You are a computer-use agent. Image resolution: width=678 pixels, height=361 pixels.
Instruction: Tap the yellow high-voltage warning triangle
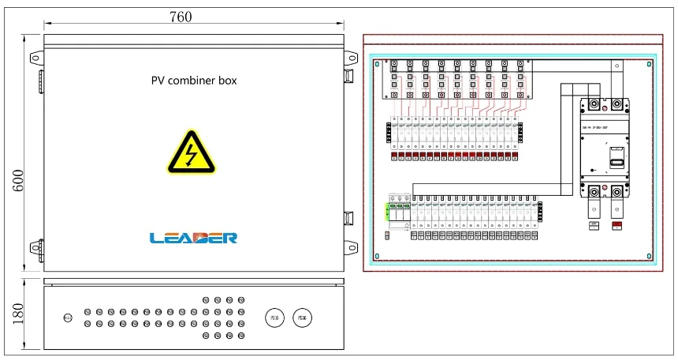(190, 152)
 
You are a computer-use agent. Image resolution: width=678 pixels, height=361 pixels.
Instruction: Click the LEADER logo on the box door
(194, 237)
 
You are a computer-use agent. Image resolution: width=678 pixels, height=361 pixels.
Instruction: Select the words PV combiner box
(194, 81)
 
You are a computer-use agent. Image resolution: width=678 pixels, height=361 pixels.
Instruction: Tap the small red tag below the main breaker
(617, 227)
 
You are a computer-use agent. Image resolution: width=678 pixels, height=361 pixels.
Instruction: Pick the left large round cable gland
(274, 318)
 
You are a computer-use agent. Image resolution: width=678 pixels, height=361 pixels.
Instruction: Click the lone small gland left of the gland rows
(68, 318)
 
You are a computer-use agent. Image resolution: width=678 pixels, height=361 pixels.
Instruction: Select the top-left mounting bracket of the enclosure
(35, 58)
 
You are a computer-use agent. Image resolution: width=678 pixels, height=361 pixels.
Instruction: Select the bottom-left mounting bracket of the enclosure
(35, 247)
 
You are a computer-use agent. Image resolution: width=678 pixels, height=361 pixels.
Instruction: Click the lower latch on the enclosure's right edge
(348, 216)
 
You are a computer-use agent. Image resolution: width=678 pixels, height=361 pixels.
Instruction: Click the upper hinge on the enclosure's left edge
(41, 80)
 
